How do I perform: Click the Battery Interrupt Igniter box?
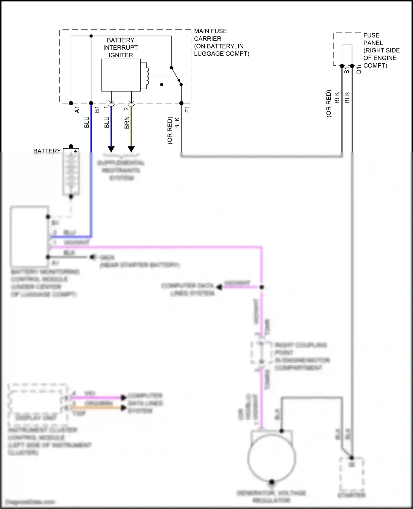pos(121,75)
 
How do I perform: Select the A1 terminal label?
pos(77,110)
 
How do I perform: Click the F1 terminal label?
pos(188,109)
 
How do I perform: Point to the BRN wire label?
pos(127,123)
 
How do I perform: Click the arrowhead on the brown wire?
pos(131,149)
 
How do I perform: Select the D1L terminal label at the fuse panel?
pos(359,68)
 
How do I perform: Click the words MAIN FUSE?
pos(210,31)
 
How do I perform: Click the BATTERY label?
pos(47,151)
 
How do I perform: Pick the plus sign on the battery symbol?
pos(75,151)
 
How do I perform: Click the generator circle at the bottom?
pos(272,458)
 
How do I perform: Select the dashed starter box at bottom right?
pos(351,474)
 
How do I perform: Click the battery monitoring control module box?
pos(29,236)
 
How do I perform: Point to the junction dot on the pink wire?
pos(262,287)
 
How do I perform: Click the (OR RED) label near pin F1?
pos(170,130)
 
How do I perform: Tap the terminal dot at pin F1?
pos(181,103)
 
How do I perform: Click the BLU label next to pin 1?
pos(107,122)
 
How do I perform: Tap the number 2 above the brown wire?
pos(126,109)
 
